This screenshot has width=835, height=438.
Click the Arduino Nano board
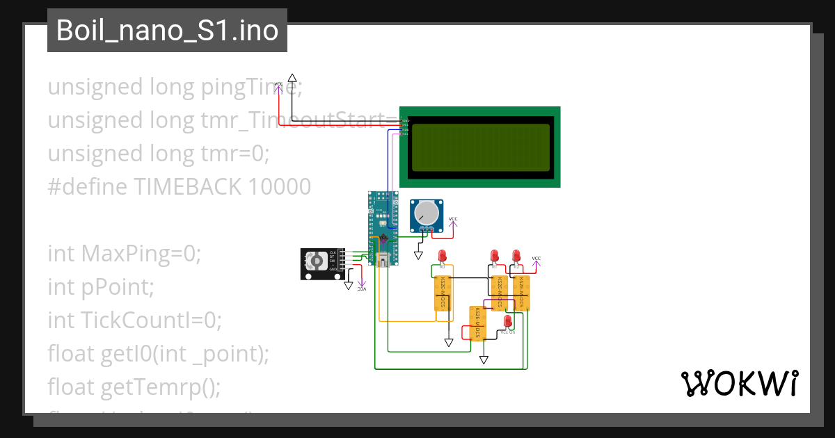pos(383,229)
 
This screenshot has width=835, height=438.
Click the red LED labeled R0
pos(442,257)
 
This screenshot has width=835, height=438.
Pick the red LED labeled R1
pos(495,256)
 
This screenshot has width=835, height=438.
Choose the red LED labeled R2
pos(516,256)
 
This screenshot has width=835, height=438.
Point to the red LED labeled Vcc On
pos(508,321)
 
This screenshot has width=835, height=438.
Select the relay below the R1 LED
pos(499,293)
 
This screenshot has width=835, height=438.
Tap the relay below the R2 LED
pos(521,293)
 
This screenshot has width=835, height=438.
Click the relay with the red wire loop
pos(477,323)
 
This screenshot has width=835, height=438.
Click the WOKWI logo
pos(738,383)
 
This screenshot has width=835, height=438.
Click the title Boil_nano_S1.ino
pos(167,31)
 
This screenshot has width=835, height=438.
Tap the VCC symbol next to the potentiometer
pos(453,220)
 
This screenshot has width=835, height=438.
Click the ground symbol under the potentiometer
pos(418,255)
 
